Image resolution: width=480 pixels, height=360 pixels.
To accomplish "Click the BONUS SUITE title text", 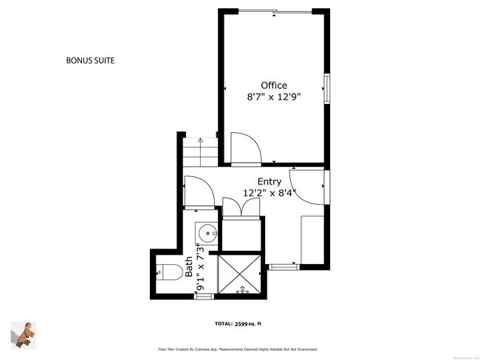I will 90,60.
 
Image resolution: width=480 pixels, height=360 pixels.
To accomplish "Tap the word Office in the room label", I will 273,86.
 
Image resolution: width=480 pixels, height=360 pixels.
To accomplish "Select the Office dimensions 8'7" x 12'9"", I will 273,97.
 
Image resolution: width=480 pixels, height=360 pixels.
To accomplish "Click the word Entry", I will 269,181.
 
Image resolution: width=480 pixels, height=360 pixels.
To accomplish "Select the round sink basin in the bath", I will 206,235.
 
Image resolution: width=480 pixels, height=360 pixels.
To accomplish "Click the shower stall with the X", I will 241,274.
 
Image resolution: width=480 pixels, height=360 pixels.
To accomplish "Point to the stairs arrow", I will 200,142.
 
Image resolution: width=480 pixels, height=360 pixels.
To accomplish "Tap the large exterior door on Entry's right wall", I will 309,184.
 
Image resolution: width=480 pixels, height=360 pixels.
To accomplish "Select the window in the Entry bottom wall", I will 281,264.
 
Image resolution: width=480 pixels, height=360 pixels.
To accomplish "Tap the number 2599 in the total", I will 244,323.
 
